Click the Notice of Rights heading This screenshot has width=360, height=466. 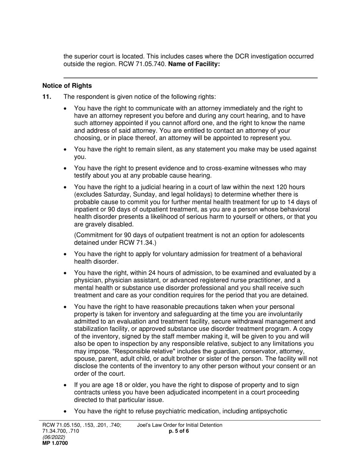click(x=67, y=86)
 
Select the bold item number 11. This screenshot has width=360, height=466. click(x=47, y=97)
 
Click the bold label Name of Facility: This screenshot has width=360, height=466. click(x=194, y=64)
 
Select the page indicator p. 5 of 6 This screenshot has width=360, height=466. click(x=179, y=431)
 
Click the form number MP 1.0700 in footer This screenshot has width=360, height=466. click(x=55, y=443)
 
